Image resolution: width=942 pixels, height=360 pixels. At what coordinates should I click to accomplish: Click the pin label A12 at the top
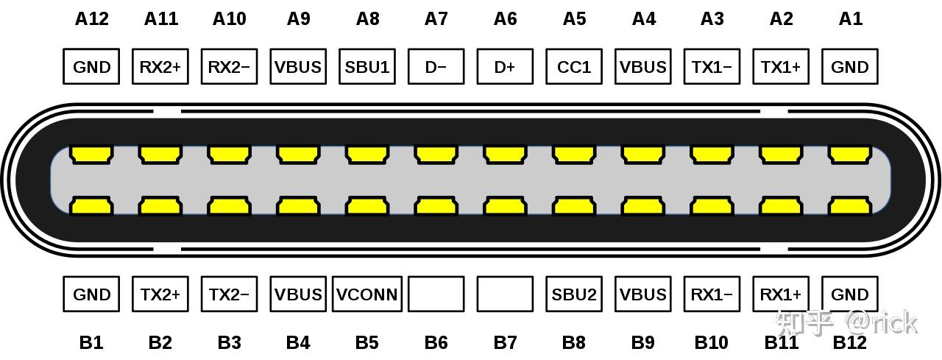tap(91, 18)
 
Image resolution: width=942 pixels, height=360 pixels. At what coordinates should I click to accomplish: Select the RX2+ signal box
tap(160, 67)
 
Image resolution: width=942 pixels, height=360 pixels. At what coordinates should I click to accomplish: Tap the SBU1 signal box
tap(367, 67)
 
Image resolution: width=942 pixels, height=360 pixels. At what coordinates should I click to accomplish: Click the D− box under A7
tap(436, 67)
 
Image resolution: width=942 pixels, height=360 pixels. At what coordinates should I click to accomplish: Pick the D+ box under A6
tap(505, 67)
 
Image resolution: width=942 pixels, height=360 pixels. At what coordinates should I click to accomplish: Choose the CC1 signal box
tap(574, 67)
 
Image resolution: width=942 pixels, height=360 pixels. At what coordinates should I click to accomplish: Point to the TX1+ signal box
tap(781, 67)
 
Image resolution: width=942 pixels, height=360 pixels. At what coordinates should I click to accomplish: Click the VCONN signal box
tap(367, 294)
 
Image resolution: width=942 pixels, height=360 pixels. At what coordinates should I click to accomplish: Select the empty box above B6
tap(436, 294)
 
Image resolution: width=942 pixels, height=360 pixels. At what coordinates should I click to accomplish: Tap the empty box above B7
tap(505, 294)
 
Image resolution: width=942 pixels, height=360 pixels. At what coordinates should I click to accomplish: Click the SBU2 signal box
tap(574, 294)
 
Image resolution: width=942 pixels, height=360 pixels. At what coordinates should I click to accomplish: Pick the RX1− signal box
tap(712, 294)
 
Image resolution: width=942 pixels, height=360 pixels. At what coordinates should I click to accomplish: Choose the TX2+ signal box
tap(160, 294)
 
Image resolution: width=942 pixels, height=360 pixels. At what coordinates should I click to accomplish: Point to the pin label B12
tap(850, 342)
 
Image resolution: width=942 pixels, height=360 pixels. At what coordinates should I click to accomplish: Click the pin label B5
tap(367, 342)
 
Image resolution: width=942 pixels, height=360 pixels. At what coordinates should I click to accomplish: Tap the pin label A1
tap(850, 18)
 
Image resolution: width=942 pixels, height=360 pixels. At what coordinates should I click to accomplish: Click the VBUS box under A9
tap(298, 67)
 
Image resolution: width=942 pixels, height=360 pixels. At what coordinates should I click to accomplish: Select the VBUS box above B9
tap(643, 294)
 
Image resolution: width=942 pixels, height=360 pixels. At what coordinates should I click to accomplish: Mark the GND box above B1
tap(91, 294)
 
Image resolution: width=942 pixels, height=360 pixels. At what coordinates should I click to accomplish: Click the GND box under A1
tap(850, 67)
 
